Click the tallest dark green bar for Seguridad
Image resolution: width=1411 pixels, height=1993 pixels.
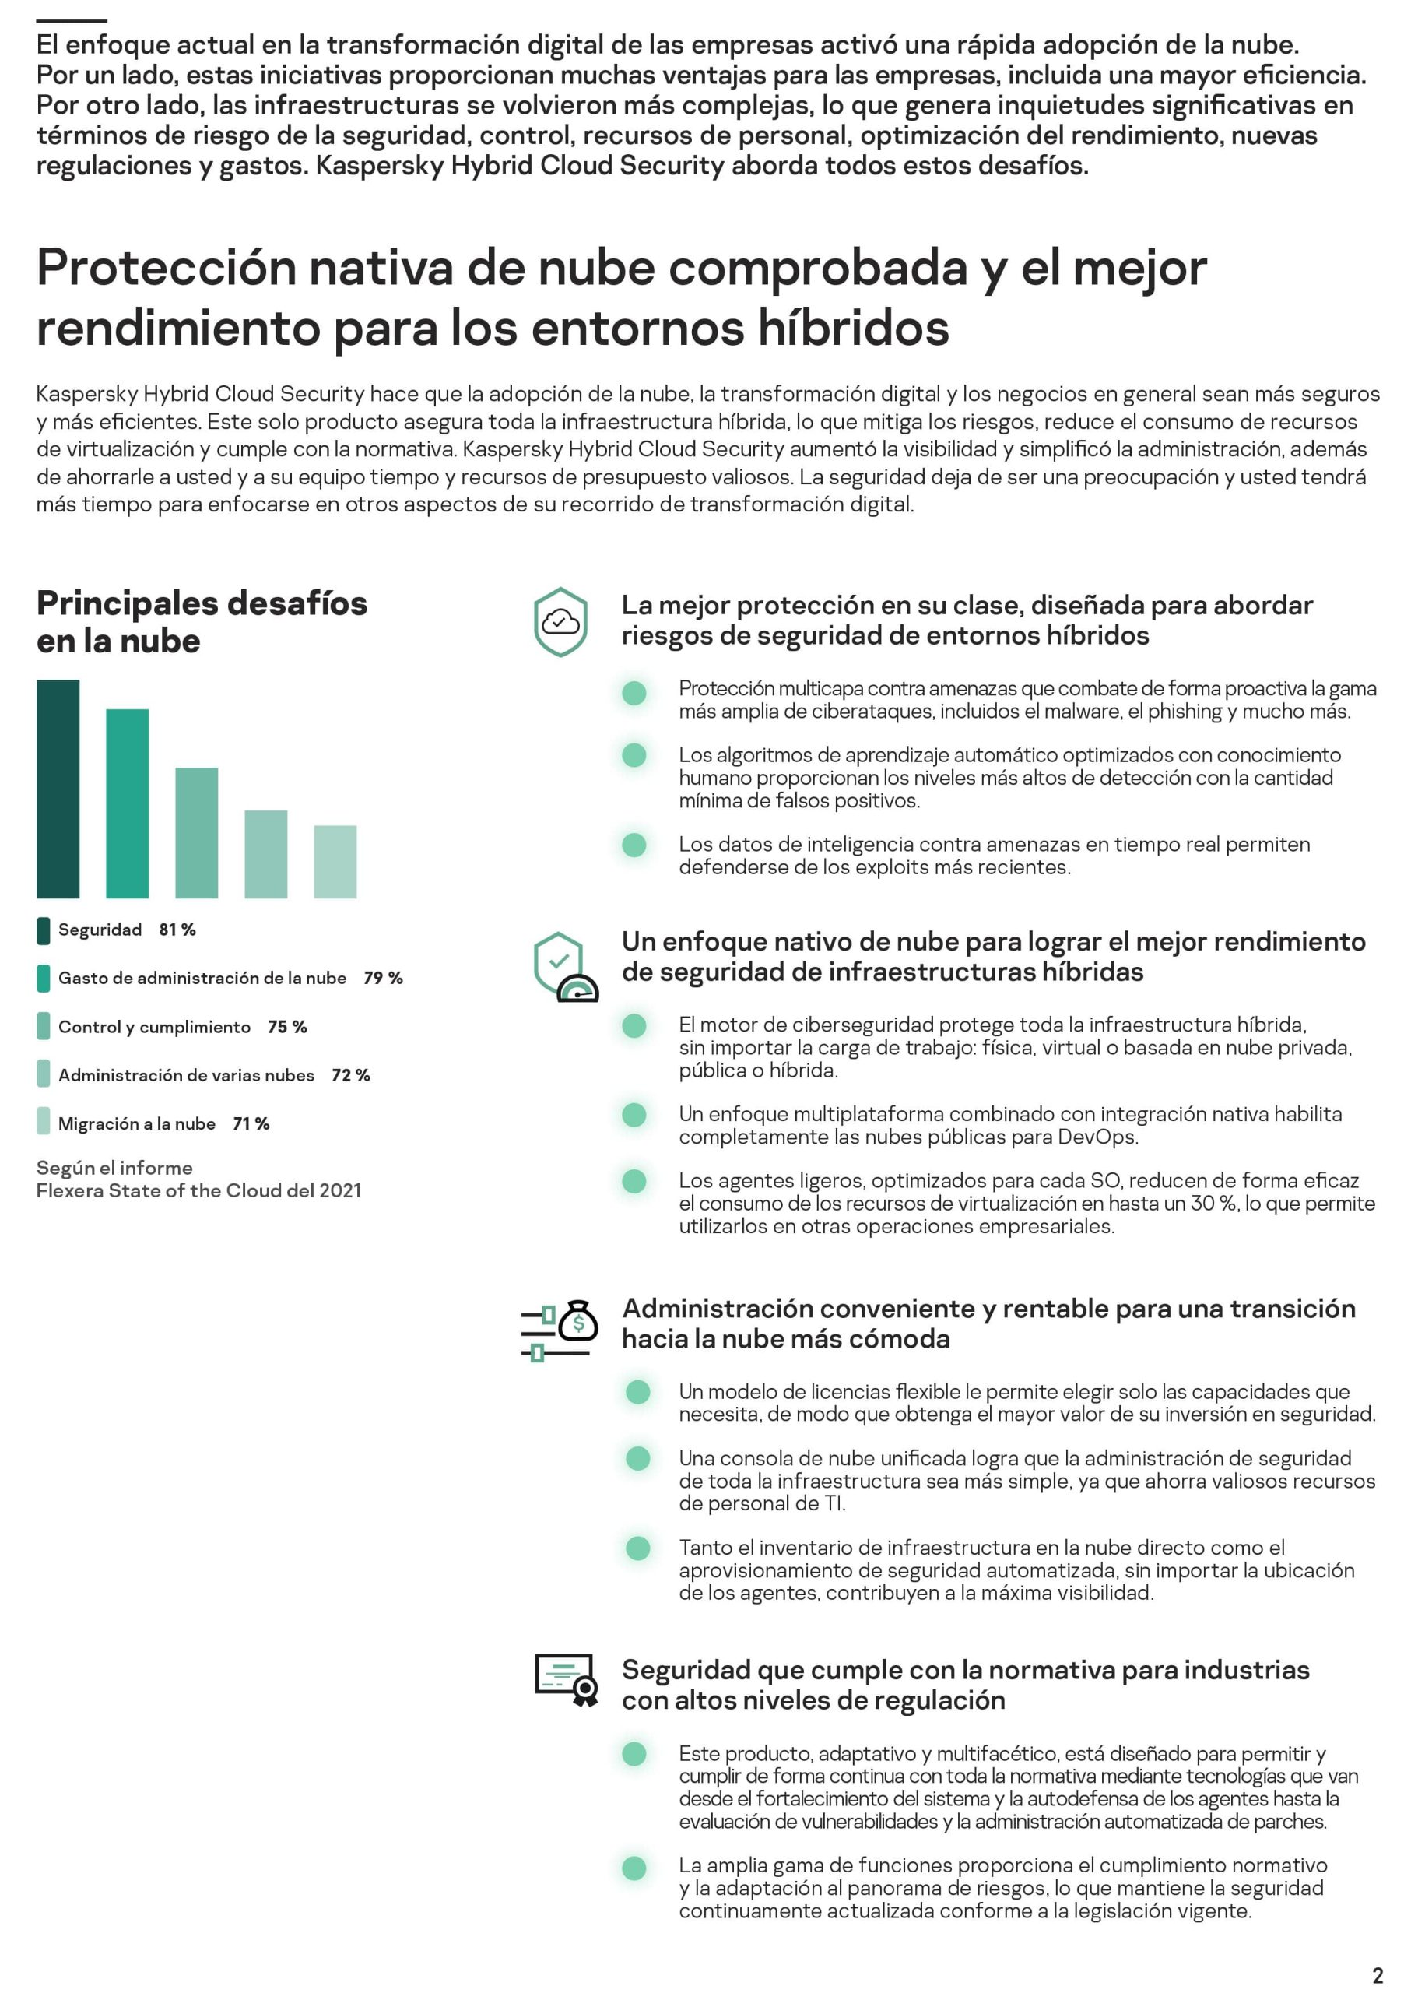point(58,789)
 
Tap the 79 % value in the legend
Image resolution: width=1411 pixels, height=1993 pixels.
point(383,978)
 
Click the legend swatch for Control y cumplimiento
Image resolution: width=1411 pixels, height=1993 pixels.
point(44,1027)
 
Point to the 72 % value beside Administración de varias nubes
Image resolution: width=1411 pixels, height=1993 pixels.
point(350,1075)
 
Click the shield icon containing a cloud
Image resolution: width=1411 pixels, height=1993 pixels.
point(560,621)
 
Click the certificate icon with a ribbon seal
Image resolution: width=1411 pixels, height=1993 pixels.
point(567,1679)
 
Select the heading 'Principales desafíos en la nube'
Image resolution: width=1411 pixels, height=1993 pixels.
point(202,621)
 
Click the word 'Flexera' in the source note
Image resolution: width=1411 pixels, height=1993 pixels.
point(72,1191)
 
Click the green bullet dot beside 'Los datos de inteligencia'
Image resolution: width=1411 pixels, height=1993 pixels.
point(634,845)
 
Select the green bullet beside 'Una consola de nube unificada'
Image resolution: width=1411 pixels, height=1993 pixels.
point(637,1458)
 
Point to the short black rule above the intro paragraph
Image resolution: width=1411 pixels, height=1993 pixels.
point(72,21)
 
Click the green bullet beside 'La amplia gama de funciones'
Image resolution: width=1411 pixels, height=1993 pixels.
point(634,1867)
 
